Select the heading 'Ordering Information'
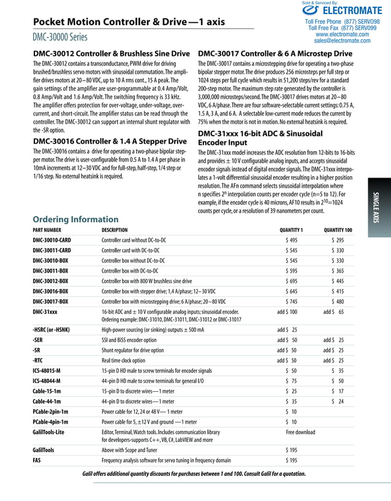(75, 219)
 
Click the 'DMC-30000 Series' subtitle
(60, 37)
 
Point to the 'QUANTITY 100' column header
(338, 230)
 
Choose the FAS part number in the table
(37, 460)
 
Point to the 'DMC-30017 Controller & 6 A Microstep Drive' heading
(274, 53)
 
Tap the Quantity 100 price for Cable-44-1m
(337, 402)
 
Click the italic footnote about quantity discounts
(194, 474)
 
